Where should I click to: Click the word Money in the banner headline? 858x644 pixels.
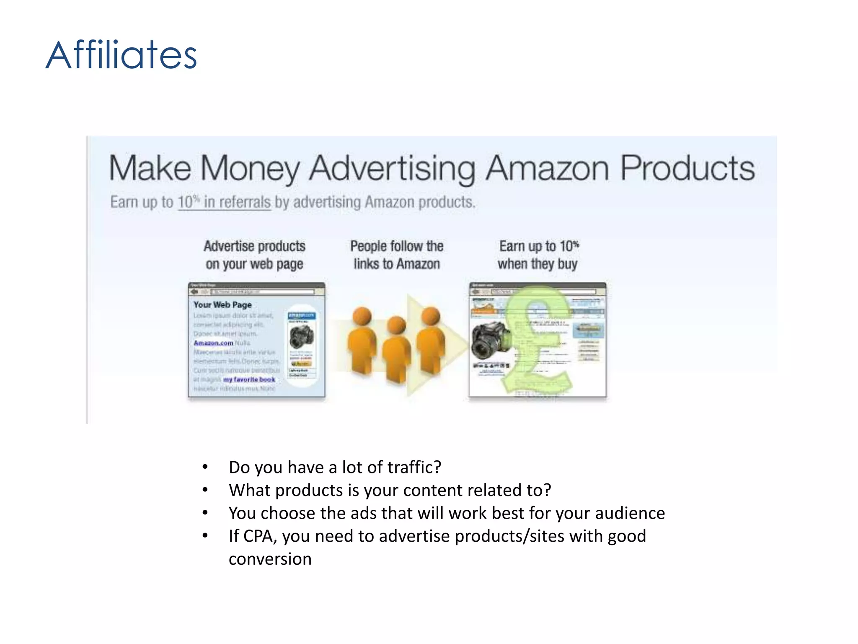(x=250, y=169)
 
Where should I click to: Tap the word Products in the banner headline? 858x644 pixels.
(x=687, y=168)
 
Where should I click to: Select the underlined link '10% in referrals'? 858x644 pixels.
(x=224, y=202)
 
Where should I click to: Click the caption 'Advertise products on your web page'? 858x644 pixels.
(x=254, y=254)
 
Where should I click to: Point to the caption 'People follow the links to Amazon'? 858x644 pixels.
(x=396, y=254)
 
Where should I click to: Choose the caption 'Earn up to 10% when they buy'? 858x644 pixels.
(x=538, y=254)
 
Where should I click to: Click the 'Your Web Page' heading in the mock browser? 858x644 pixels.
(x=222, y=305)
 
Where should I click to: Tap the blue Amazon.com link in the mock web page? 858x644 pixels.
(x=213, y=343)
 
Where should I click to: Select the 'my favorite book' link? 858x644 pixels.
(x=249, y=379)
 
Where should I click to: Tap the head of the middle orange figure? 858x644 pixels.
(x=396, y=325)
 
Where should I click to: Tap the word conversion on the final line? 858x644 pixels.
(x=270, y=559)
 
